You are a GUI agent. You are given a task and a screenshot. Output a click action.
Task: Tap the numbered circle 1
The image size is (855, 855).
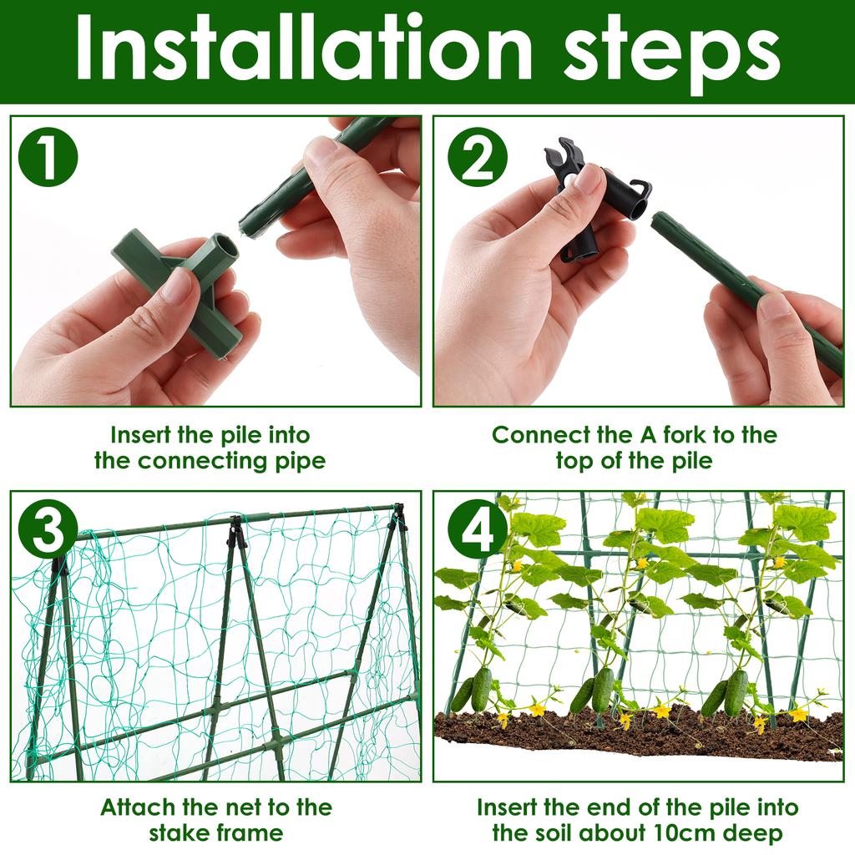(x=49, y=157)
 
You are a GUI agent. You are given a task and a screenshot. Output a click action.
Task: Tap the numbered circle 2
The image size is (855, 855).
(x=478, y=157)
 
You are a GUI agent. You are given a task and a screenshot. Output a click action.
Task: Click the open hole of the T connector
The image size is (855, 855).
(x=224, y=249)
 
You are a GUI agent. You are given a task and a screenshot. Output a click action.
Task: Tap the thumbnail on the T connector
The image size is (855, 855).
(x=177, y=286)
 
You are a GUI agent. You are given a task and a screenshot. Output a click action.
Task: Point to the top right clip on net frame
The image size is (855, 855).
(x=399, y=516)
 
